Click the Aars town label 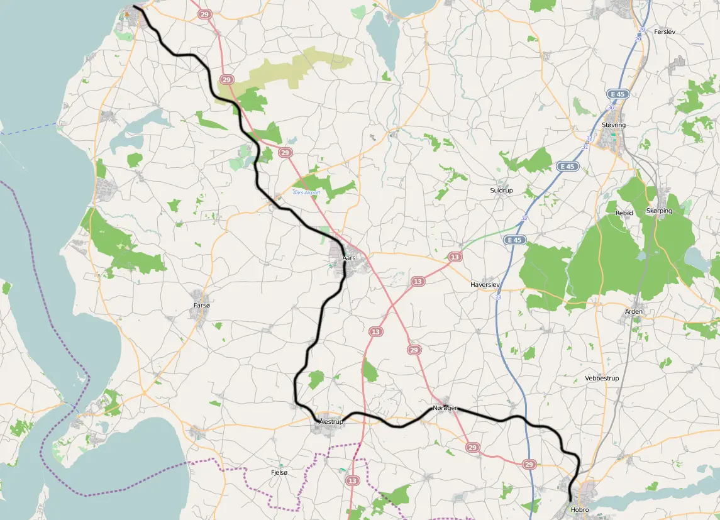coord(349,258)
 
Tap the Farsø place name coord(202,306)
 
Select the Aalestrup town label coord(331,422)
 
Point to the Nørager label coord(445,409)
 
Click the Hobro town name coord(580,509)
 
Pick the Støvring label coord(614,125)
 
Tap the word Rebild coord(624,213)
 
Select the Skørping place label coord(659,211)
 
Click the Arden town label coord(634,312)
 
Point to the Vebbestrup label coord(602,379)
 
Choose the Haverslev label coord(485,285)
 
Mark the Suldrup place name coord(501,191)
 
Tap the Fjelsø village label coord(279,472)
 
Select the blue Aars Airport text coord(307,192)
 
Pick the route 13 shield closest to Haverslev coord(455,257)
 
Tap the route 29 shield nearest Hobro coord(529,465)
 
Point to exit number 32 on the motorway coord(524,218)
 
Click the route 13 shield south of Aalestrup coord(352,480)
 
